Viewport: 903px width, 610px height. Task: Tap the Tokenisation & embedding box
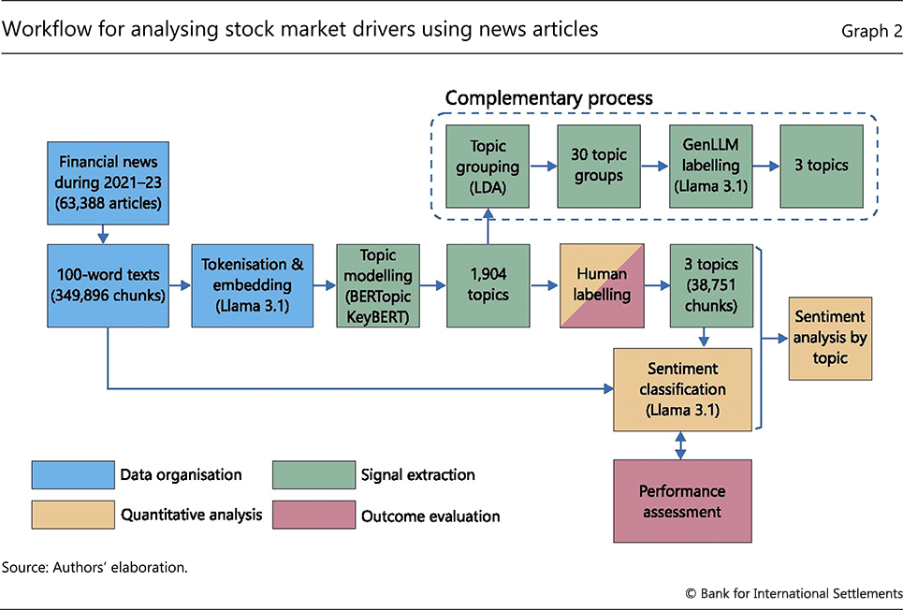tap(252, 285)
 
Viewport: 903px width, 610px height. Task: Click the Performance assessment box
tap(682, 501)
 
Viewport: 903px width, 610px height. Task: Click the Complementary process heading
tap(548, 98)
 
